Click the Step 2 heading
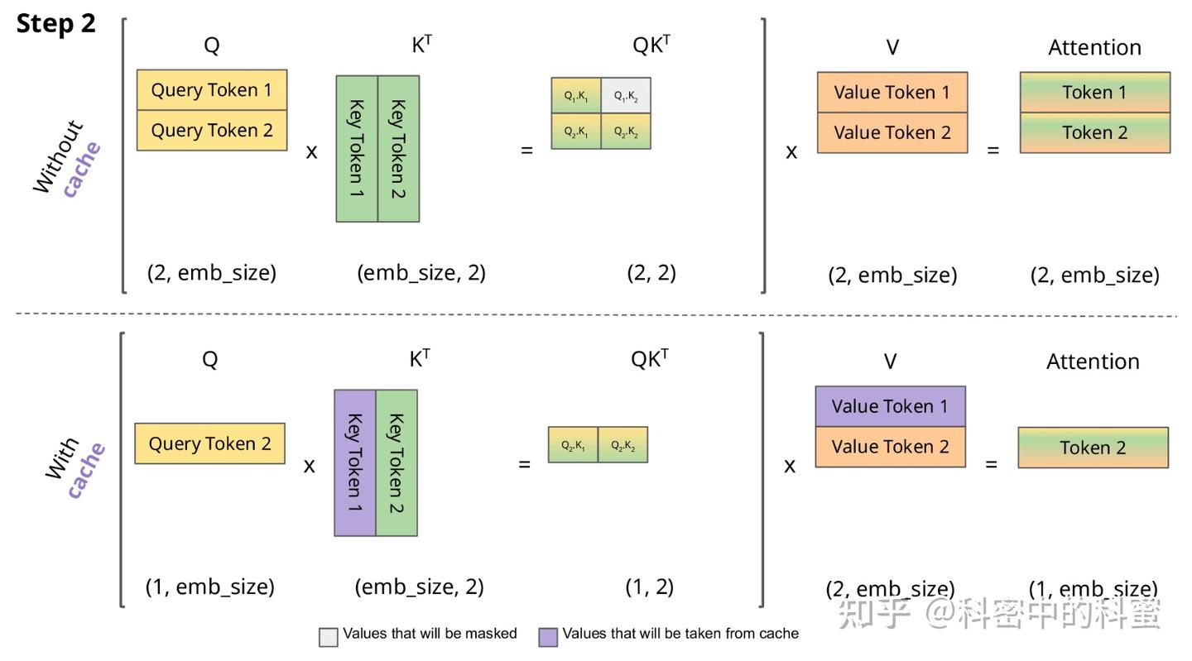[x=56, y=24]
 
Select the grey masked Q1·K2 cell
[x=626, y=96]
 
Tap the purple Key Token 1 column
[x=355, y=462]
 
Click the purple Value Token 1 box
[x=890, y=406]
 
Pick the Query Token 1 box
[x=212, y=90]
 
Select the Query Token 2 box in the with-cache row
[x=210, y=443]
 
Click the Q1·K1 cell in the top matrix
[x=576, y=96]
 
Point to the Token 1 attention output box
[x=1094, y=93]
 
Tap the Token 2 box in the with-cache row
[x=1093, y=448]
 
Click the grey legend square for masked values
[x=329, y=636]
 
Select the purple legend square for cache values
[x=548, y=636]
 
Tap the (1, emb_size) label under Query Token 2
[x=210, y=587]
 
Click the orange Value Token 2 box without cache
[x=892, y=133]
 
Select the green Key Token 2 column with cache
[x=397, y=462]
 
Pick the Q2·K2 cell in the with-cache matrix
[x=622, y=445]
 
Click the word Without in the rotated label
[x=58, y=158]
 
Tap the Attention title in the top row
[x=1094, y=48]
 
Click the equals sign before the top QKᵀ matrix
[x=526, y=151]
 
